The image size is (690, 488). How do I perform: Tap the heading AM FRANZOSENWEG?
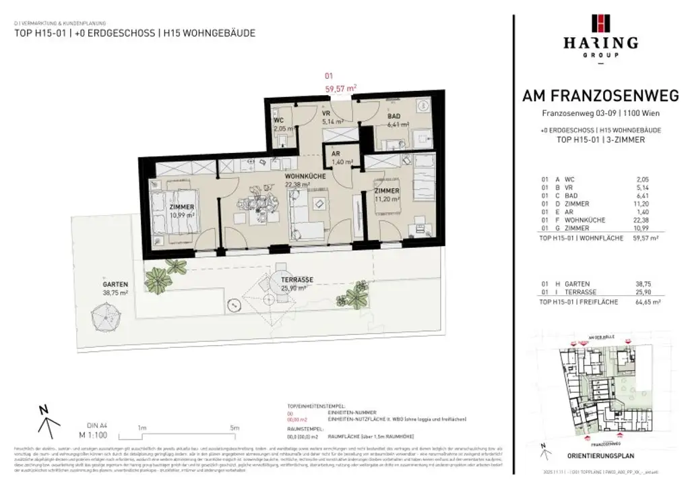point(601,96)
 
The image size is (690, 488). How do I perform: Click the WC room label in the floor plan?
point(278,121)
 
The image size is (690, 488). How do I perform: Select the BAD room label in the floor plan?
point(394,117)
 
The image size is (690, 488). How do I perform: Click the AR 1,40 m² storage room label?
point(335,158)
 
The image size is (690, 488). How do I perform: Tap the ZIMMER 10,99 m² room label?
point(183,210)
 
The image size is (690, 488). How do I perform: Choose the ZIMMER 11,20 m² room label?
point(387,195)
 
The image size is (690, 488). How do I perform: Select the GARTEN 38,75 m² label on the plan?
point(115,288)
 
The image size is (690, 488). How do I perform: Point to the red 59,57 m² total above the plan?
point(340,88)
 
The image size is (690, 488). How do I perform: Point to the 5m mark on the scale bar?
point(234,427)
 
